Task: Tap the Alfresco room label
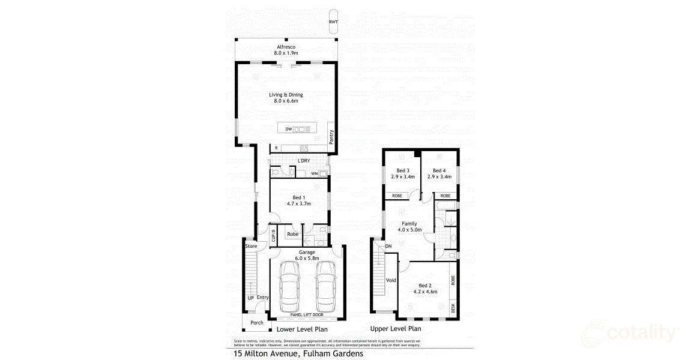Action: pyautogui.click(x=286, y=50)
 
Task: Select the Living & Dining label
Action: pyautogui.click(x=286, y=98)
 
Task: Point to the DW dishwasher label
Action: pyautogui.click(x=288, y=129)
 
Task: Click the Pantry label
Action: pyautogui.click(x=331, y=137)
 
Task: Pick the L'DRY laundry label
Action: pyautogui.click(x=304, y=161)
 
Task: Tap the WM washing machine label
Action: pyautogui.click(x=314, y=174)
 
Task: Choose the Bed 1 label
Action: pyautogui.click(x=299, y=201)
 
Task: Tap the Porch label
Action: pyautogui.click(x=257, y=323)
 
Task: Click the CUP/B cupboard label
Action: pyautogui.click(x=273, y=234)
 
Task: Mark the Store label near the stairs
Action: pyautogui.click(x=250, y=246)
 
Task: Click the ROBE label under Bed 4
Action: pyautogui.click(x=445, y=196)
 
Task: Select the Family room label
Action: pyautogui.click(x=409, y=226)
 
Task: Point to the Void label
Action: pyautogui.click(x=391, y=280)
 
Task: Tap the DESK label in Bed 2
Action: pyautogui.click(x=453, y=307)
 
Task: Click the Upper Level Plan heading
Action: pyautogui.click(x=396, y=329)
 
